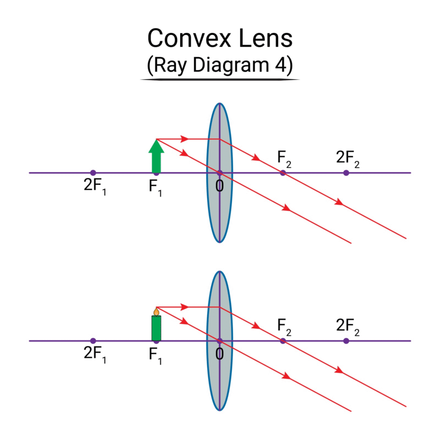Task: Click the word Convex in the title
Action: click(189, 38)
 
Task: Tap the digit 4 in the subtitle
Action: click(280, 65)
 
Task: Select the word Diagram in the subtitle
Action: click(231, 66)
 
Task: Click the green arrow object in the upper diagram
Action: click(156, 156)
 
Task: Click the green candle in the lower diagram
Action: click(156, 328)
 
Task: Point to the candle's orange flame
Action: click(156, 312)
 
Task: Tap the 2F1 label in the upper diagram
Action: click(95, 186)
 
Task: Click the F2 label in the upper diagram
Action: click(284, 159)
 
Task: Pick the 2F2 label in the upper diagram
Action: click(348, 159)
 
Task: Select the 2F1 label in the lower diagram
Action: click(95, 354)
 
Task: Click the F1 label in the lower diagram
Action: click(156, 356)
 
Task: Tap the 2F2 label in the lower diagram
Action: click(348, 327)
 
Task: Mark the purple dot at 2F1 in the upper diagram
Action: click(93, 173)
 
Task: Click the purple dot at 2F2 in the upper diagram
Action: click(346, 173)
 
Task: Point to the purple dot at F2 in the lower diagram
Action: click(283, 341)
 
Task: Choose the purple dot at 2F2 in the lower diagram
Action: click(346, 341)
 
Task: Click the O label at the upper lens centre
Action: click(220, 186)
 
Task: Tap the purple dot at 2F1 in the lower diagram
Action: click(93, 341)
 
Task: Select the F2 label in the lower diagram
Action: click(284, 327)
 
